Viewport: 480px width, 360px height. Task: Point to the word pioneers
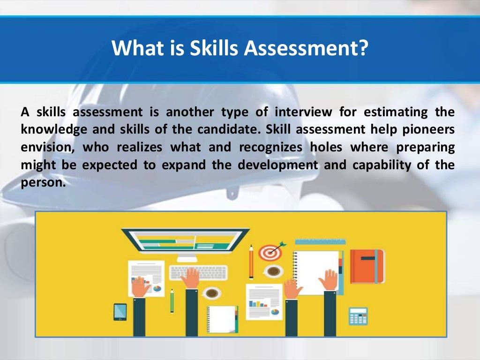tap(430, 130)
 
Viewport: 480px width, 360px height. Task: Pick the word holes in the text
tap(323, 148)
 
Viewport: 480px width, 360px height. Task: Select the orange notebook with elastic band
tap(367, 266)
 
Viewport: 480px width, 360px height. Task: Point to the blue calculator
tap(358, 316)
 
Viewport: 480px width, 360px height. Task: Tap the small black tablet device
tap(120, 311)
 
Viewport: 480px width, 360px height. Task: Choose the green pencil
tap(172, 300)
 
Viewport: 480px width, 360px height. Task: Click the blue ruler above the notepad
tap(320, 241)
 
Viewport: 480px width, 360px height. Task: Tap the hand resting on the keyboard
tap(191, 278)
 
